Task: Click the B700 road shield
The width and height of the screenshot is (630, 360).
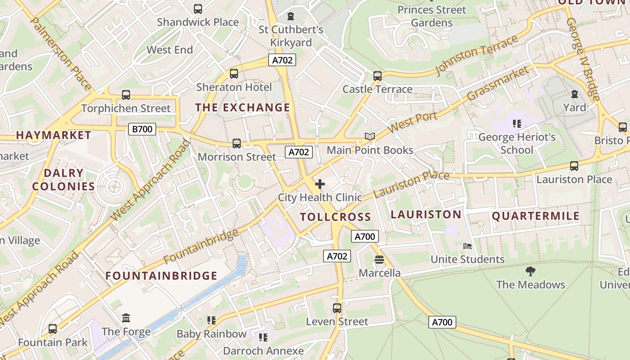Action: (x=142, y=129)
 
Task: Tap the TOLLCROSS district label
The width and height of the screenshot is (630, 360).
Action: (x=336, y=217)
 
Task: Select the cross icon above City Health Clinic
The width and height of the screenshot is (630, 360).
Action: (x=320, y=184)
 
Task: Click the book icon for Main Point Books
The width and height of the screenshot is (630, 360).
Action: (x=369, y=136)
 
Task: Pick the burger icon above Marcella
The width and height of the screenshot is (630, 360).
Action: (x=379, y=260)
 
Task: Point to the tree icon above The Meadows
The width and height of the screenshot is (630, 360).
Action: (x=531, y=271)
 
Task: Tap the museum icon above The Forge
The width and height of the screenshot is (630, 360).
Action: (x=126, y=318)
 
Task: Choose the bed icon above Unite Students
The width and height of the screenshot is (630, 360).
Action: (x=468, y=246)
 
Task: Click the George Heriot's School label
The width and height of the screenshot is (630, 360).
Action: (x=517, y=143)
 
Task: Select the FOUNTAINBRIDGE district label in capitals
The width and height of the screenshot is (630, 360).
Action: (x=162, y=276)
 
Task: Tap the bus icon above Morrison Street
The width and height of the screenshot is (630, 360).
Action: (x=237, y=144)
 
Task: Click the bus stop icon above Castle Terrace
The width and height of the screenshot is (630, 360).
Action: (x=378, y=76)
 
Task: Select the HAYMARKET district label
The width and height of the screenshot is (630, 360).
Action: (x=54, y=135)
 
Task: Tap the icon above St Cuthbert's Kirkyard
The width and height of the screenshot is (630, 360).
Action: (x=291, y=16)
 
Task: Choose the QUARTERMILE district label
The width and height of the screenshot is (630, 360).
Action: (x=535, y=216)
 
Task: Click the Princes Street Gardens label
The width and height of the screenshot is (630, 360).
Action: (x=432, y=16)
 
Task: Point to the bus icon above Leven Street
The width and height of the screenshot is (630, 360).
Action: (x=337, y=308)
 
